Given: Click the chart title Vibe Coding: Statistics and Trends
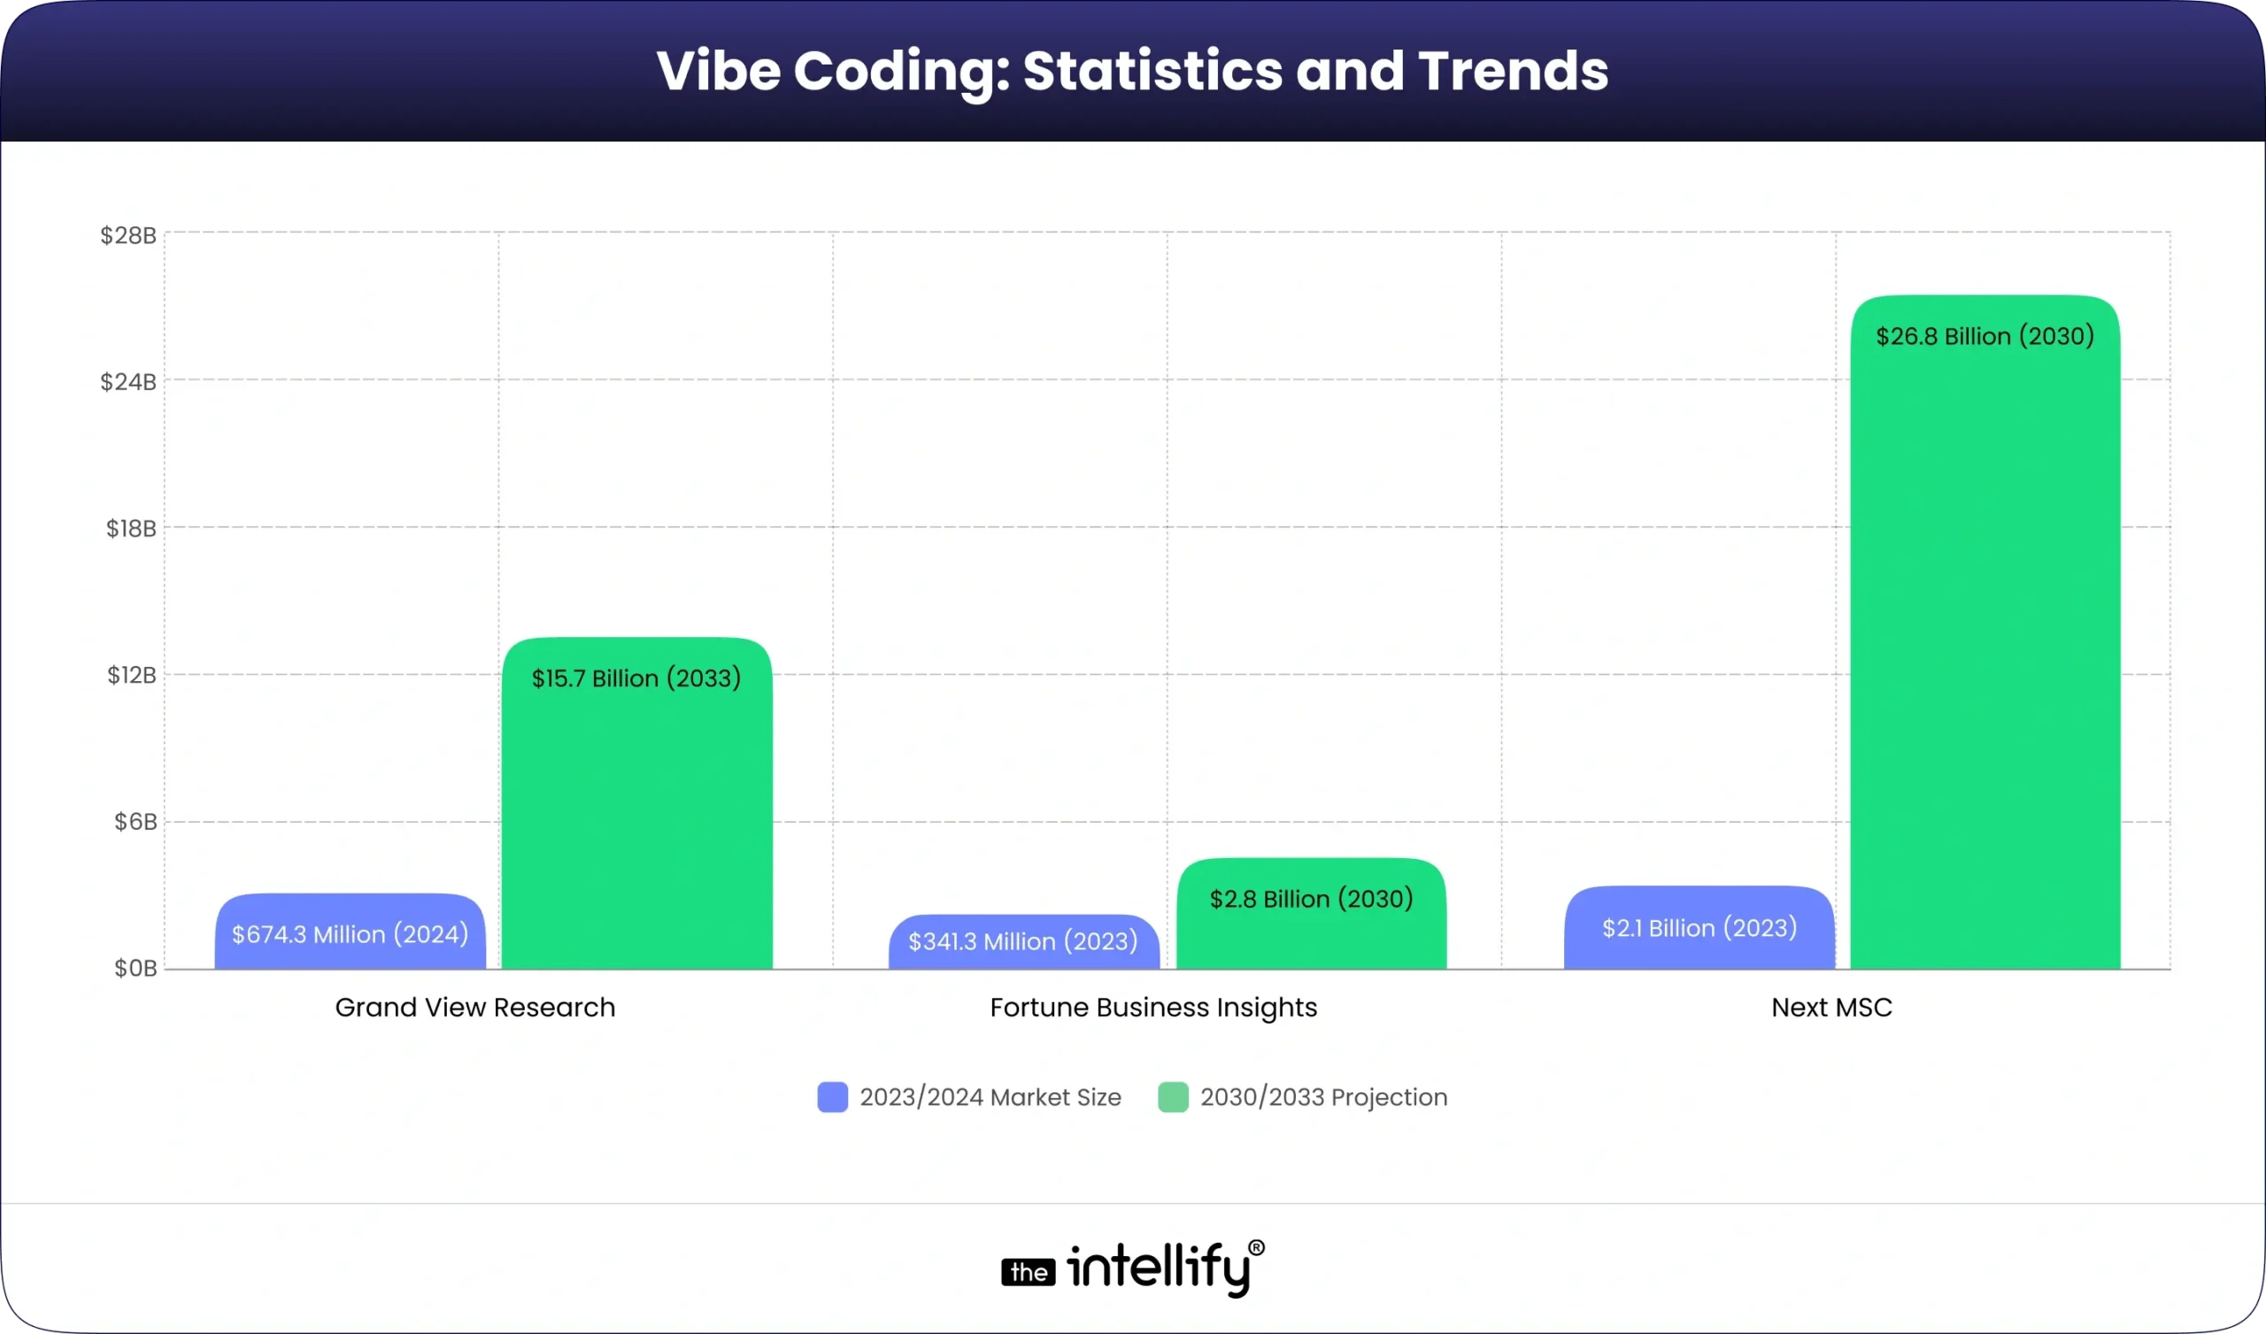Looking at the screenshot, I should click(1132, 70).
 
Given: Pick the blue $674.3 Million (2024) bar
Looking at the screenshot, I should click(350, 935).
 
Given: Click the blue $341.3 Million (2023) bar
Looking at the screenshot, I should click(1023, 944).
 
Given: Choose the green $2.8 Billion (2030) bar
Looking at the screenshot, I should click(1311, 916).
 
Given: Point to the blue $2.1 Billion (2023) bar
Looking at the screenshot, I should click(1699, 930).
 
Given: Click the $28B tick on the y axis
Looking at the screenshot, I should click(128, 235).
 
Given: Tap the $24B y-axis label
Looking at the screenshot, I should click(128, 382).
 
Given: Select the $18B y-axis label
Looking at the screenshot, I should click(131, 529).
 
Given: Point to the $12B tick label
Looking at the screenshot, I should click(131, 675).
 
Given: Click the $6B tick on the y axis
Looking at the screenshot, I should click(135, 822).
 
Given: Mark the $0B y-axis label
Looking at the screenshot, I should click(135, 968).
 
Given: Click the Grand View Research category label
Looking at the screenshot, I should click(474, 1008).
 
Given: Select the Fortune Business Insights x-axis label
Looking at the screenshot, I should click(1152, 1008).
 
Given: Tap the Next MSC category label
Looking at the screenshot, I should click(1831, 1008).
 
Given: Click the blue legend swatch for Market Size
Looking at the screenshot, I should click(832, 1098).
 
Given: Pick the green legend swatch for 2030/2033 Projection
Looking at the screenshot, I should click(1173, 1098).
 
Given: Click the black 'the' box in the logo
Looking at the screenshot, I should click(1028, 1272).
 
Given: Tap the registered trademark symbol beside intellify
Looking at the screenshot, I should click(1256, 1247).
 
